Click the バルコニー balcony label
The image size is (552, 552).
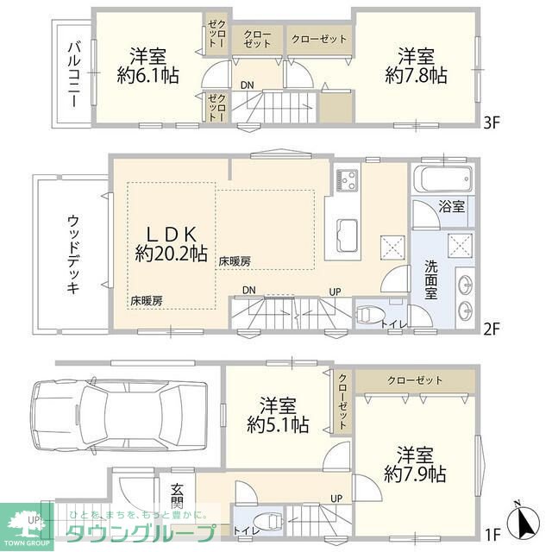click(74, 74)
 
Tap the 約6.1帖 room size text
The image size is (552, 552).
click(147, 75)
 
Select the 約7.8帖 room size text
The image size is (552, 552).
click(416, 75)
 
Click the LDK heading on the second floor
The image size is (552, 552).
click(171, 234)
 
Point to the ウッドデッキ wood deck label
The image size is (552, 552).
click(72, 255)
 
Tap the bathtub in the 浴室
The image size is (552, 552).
click(443, 179)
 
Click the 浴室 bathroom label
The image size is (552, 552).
click(452, 206)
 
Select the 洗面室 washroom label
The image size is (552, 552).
click(430, 279)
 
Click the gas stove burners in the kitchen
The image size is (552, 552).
click(347, 180)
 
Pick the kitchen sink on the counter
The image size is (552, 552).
click(347, 235)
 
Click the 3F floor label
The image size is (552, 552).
click(492, 122)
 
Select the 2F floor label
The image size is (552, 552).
click(492, 329)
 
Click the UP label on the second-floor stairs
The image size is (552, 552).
click(336, 292)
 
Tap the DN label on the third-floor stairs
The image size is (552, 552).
click(248, 85)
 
